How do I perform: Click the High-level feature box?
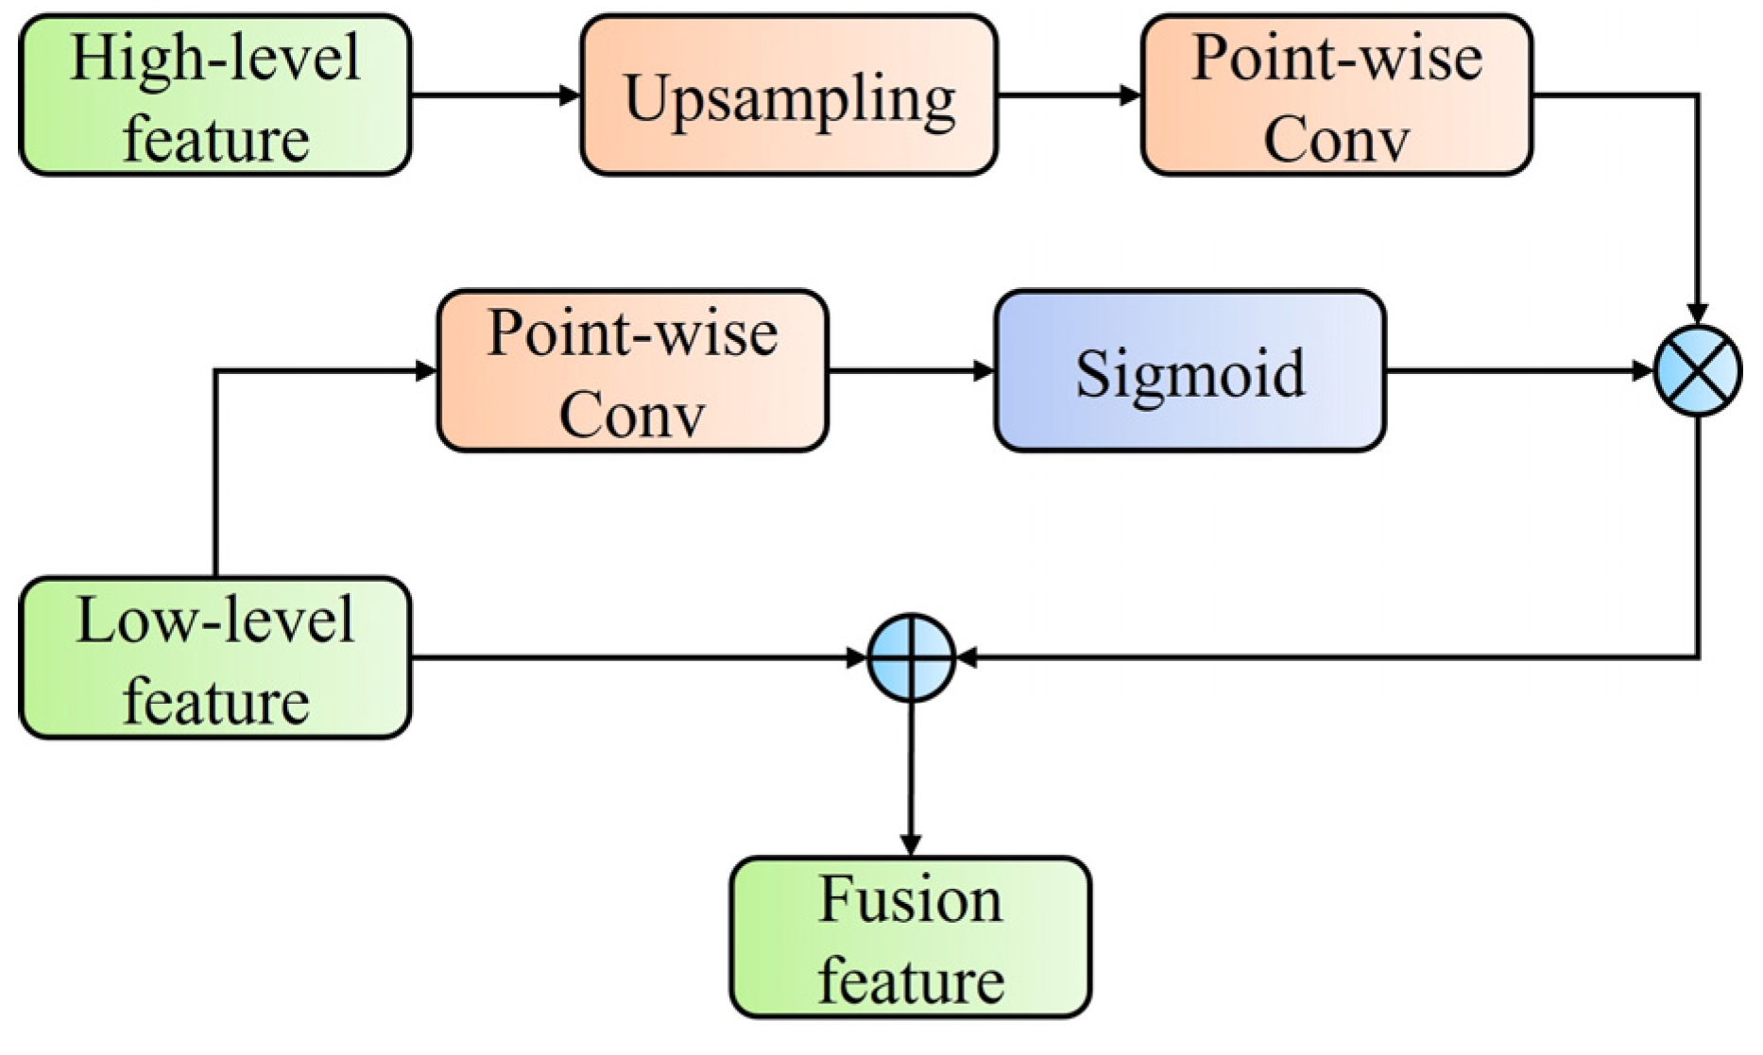(x=215, y=95)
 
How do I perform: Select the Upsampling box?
(x=789, y=95)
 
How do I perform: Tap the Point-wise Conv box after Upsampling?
(x=1337, y=95)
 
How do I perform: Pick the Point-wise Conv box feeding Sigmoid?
(x=632, y=371)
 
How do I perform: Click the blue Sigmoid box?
(x=1190, y=371)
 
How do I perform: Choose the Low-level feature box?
(x=215, y=658)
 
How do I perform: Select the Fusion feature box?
(x=911, y=938)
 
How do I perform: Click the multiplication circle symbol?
(x=1699, y=371)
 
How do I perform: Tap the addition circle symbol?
(x=911, y=658)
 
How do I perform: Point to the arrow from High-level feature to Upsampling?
(x=496, y=95)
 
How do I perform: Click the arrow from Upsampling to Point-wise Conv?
(x=1070, y=95)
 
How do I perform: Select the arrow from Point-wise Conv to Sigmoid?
(x=912, y=371)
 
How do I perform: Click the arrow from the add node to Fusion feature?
(x=911, y=779)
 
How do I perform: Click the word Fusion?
(x=911, y=900)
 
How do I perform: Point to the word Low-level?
(x=215, y=621)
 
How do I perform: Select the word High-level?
(x=215, y=58)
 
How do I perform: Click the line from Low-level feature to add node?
(x=640, y=658)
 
